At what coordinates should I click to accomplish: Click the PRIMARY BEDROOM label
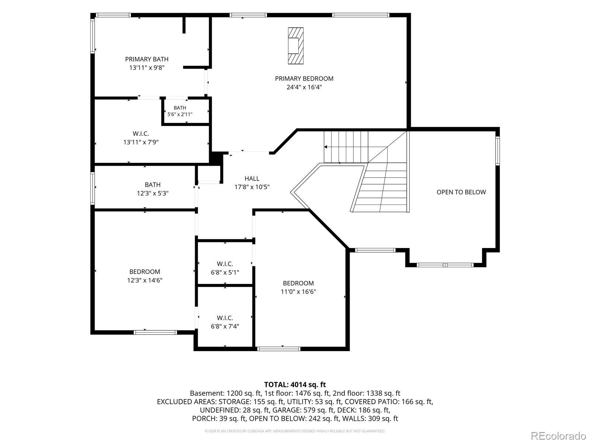[x=304, y=79]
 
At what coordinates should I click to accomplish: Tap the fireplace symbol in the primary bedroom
[x=295, y=46]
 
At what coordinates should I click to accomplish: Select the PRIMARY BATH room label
[x=146, y=59]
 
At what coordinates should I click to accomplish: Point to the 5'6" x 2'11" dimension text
[x=180, y=114]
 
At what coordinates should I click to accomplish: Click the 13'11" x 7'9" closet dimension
[x=141, y=142]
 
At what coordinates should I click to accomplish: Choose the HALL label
[x=252, y=178]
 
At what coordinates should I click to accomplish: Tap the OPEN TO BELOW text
[x=461, y=192]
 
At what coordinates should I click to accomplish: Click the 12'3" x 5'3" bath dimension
[x=152, y=193]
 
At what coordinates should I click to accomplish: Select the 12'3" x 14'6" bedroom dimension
[x=145, y=280]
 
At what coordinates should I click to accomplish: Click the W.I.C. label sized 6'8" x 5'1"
[x=225, y=264]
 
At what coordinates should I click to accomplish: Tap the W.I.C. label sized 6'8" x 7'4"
[x=225, y=318]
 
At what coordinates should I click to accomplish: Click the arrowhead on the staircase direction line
[x=326, y=147]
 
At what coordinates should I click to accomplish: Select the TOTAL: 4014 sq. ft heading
[x=295, y=385]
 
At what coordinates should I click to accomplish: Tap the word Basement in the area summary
[x=207, y=393]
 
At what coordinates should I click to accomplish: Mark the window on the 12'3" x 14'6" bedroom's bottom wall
[x=155, y=333]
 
